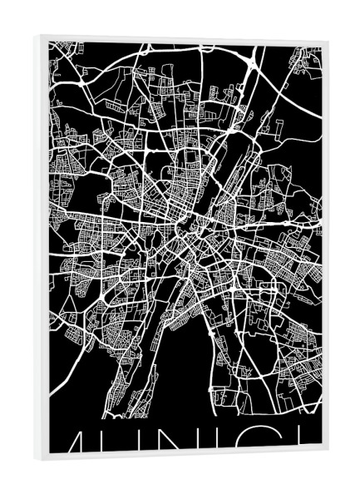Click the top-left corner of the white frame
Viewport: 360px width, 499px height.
37,36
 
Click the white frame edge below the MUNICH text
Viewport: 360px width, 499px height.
183,456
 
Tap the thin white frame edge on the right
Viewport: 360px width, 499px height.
326,249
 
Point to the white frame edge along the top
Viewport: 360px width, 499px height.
183,38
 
